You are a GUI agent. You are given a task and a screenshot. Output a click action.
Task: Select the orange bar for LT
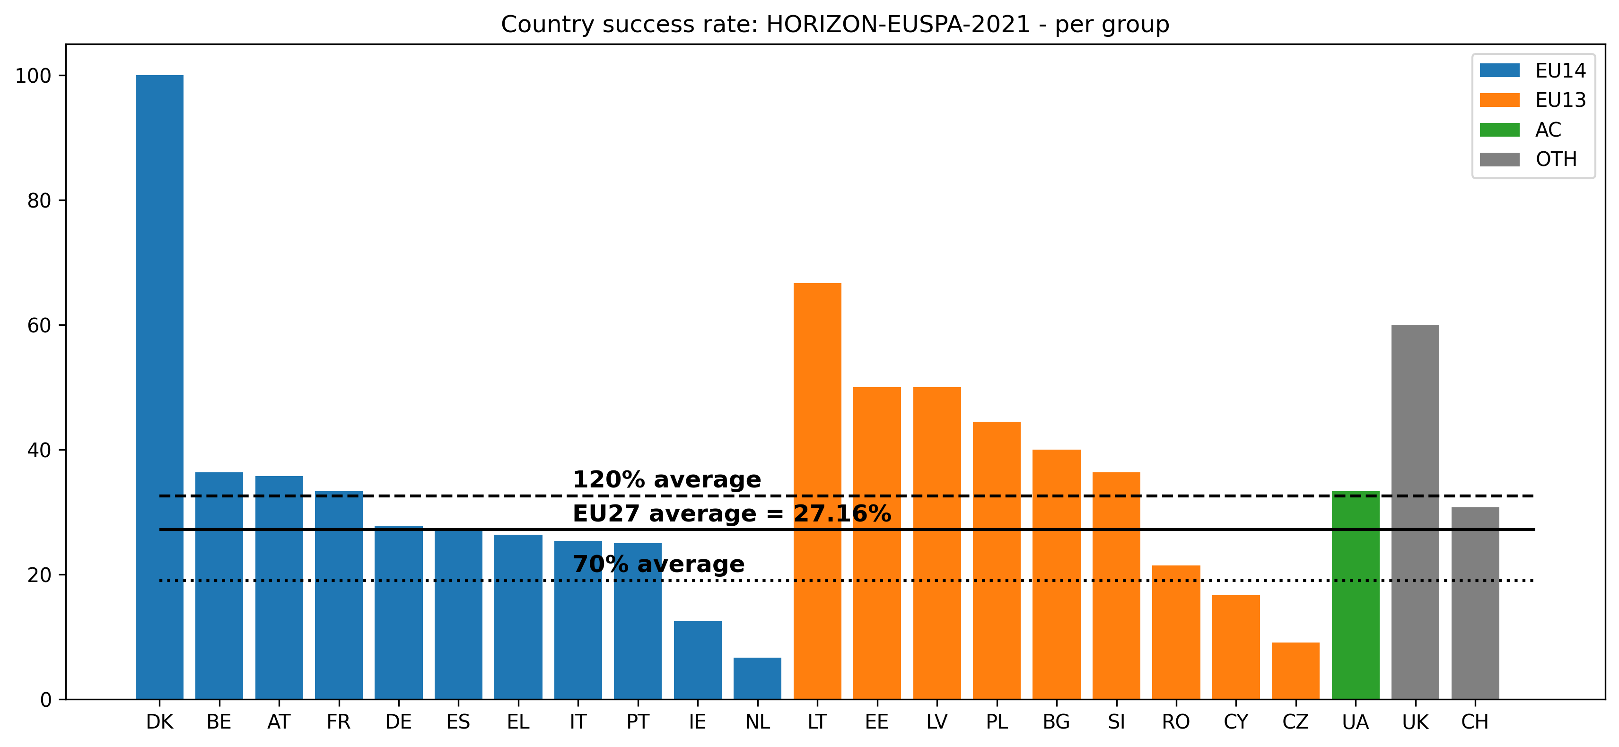coord(817,490)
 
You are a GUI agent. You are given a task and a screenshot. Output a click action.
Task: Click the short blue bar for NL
coord(757,678)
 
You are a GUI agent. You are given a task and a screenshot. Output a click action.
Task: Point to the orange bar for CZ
coord(1295,670)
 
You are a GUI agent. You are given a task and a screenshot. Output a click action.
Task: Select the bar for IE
coord(698,660)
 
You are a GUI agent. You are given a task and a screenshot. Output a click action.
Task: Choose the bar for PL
coord(996,560)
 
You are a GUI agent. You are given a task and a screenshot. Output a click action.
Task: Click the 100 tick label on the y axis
coord(33,76)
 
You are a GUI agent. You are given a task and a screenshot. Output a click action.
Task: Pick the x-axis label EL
coord(518,722)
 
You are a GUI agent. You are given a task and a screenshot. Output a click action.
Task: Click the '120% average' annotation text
coord(666,479)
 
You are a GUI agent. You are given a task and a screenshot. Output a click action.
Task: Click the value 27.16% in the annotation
coord(842,513)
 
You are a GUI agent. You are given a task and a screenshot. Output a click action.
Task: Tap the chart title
coord(835,25)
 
